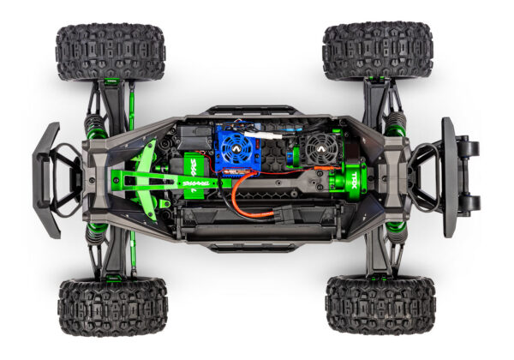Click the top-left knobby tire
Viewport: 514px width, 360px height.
point(110,51)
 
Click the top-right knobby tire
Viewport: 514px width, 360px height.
point(378,50)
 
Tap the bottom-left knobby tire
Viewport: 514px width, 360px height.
point(112,306)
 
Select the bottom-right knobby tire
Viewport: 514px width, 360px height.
point(380,303)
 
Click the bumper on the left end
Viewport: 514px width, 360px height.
point(48,180)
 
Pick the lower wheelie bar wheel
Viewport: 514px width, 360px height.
point(470,204)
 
